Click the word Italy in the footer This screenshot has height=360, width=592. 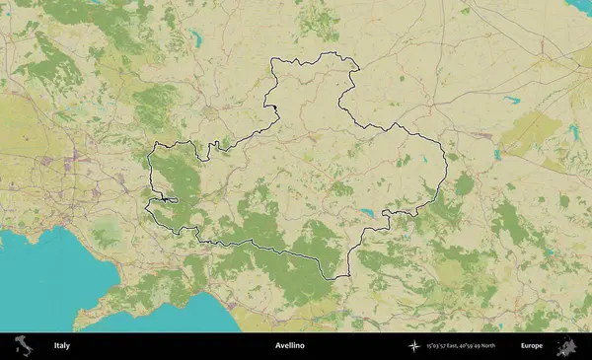61,346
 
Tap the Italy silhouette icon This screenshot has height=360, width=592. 21,346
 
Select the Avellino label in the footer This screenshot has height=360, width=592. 289,346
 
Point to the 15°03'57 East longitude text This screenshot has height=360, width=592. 441,346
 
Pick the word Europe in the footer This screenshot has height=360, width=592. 532,346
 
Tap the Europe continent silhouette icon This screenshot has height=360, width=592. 566,346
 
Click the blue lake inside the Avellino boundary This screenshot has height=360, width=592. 367,211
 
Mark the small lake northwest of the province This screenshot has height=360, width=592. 197,40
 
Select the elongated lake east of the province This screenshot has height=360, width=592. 510,99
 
